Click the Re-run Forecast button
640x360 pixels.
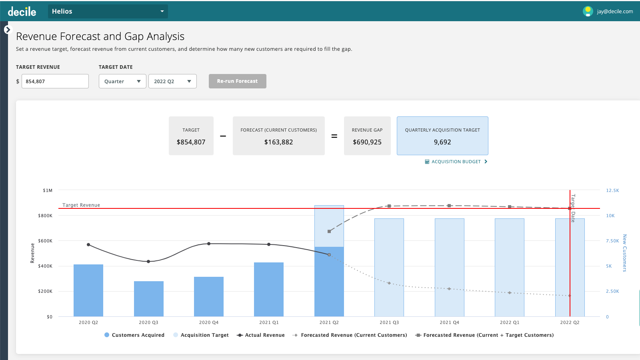[237, 81]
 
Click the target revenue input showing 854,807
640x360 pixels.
[55, 81]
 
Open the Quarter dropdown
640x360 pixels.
[122, 81]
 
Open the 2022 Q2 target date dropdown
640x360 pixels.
[172, 81]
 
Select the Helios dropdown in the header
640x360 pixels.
[108, 11]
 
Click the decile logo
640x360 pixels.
[22, 12]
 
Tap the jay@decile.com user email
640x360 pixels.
[614, 12]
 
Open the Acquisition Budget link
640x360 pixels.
[456, 162]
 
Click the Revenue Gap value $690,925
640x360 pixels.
[367, 142]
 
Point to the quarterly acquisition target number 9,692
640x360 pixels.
[442, 142]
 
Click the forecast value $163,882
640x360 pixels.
[278, 142]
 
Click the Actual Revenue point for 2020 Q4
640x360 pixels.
[209, 244]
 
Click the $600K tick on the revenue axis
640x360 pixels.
[45, 241]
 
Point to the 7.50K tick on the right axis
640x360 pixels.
[612, 241]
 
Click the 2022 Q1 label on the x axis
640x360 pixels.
[510, 322]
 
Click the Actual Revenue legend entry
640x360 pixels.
[261, 335]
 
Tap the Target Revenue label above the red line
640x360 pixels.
[81, 205]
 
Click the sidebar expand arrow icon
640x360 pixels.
[8, 30]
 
